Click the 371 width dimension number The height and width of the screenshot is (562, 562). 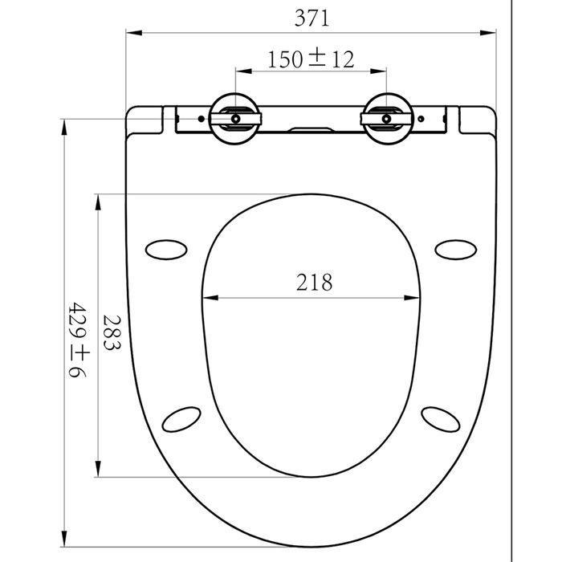pyautogui.click(x=312, y=18)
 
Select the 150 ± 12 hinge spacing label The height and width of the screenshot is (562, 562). pyautogui.click(x=311, y=59)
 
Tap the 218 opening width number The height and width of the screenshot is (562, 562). pyautogui.click(x=315, y=282)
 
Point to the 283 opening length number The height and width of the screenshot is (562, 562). pyautogui.click(x=112, y=332)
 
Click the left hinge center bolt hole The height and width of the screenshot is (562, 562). pyautogui.click(x=235, y=119)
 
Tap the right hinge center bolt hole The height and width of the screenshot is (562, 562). pyautogui.click(x=386, y=119)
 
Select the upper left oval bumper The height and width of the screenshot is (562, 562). pyautogui.click(x=166, y=250)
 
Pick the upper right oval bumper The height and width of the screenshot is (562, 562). pyautogui.click(x=455, y=250)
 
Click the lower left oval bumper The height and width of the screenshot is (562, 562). pyautogui.click(x=181, y=419)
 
